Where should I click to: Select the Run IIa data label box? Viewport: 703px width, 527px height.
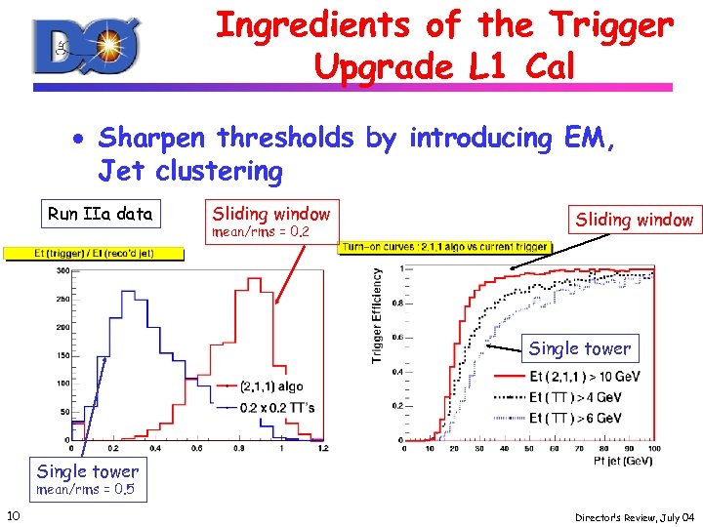(100, 214)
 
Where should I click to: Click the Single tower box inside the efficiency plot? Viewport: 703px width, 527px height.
(579, 348)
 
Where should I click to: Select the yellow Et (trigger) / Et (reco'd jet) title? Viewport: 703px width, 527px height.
(94, 254)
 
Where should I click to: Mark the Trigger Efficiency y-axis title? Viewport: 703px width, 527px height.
(377, 317)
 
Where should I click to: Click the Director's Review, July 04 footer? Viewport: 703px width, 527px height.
(633, 516)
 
